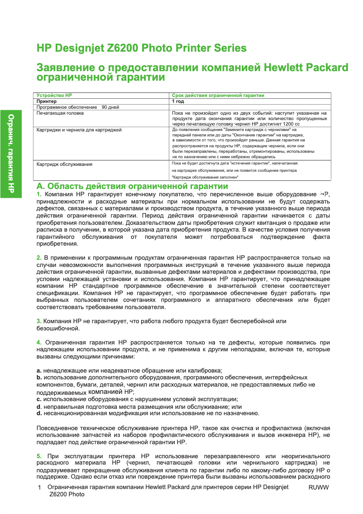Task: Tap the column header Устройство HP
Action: (x=54, y=96)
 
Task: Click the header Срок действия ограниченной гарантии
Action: (x=218, y=96)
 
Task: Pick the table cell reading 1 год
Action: (x=177, y=102)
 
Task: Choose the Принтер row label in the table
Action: (x=47, y=102)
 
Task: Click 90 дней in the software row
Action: (x=110, y=107)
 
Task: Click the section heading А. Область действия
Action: (x=132, y=187)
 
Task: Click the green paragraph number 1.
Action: (x=38, y=194)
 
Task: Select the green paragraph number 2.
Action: (x=38, y=258)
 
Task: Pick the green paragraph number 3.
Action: (x=38, y=321)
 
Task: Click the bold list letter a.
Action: (x=38, y=371)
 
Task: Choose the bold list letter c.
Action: (x=38, y=399)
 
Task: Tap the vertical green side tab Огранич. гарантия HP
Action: (x=11, y=154)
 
